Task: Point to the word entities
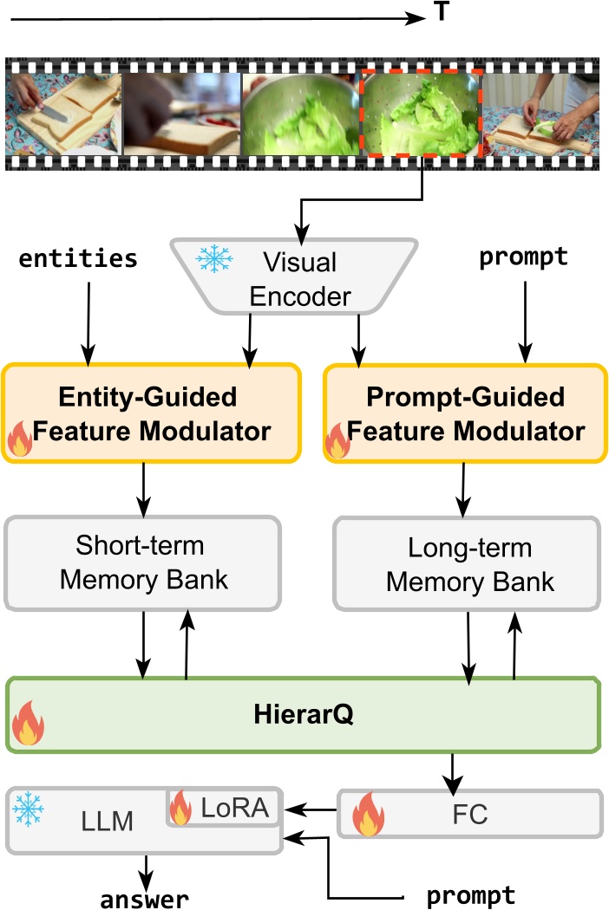78,257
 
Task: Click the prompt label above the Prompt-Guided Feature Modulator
523,257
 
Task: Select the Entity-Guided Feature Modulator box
151,413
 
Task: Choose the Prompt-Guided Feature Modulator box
464,413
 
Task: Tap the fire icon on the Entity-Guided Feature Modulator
18,440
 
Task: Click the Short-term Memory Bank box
143,562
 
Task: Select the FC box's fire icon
369,815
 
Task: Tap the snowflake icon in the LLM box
29,809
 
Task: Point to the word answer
144,898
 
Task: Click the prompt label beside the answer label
470,895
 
